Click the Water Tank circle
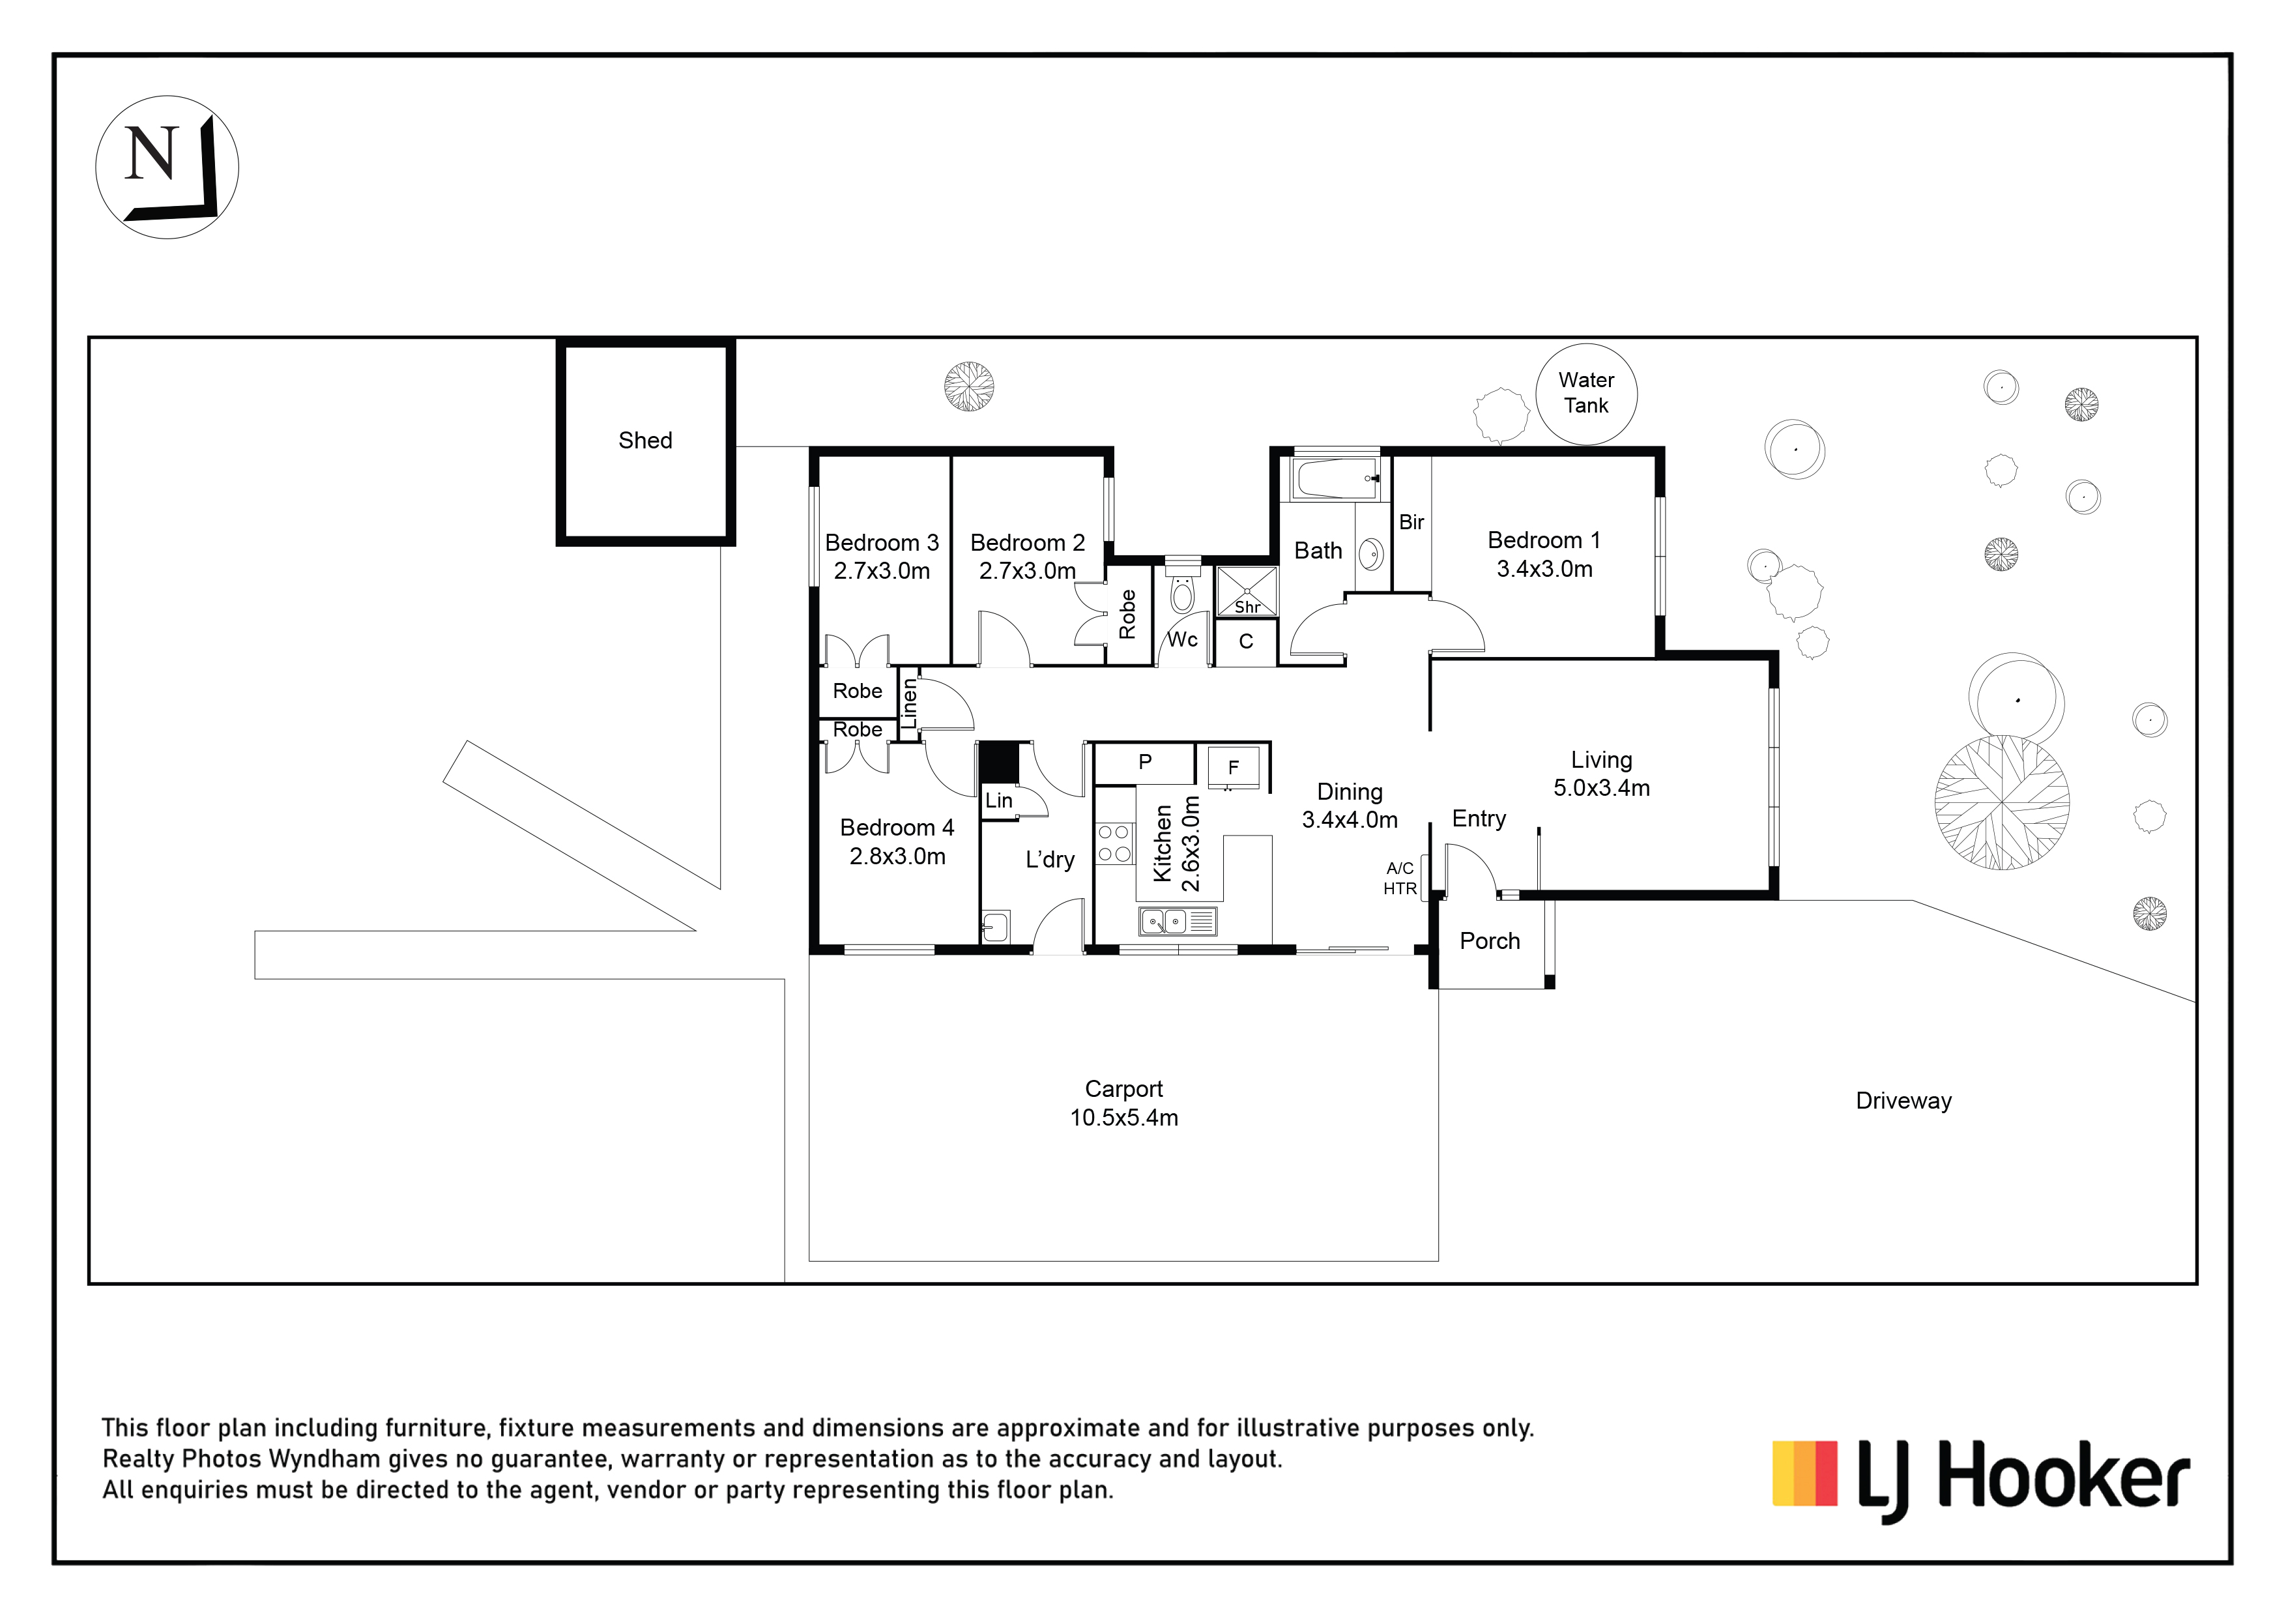pyautogui.click(x=1586, y=345)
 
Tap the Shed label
pyautogui.click(x=645, y=440)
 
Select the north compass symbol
pyautogui.click(x=167, y=168)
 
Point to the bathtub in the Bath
pyautogui.click(x=1336, y=479)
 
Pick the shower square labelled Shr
pyautogui.click(x=1247, y=591)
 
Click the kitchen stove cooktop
pyautogui.click(x=1115, y=842)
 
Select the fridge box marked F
pyautogui.click(x=1234, y=768)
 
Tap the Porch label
pyautogui.click(x=1490, y=941)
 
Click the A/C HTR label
pyautogui.click(x=1400, y=878)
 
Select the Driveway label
pyautogui.click(x=1903, y=1101)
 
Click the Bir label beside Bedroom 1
pyautogui.click(x=1412, y=522)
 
